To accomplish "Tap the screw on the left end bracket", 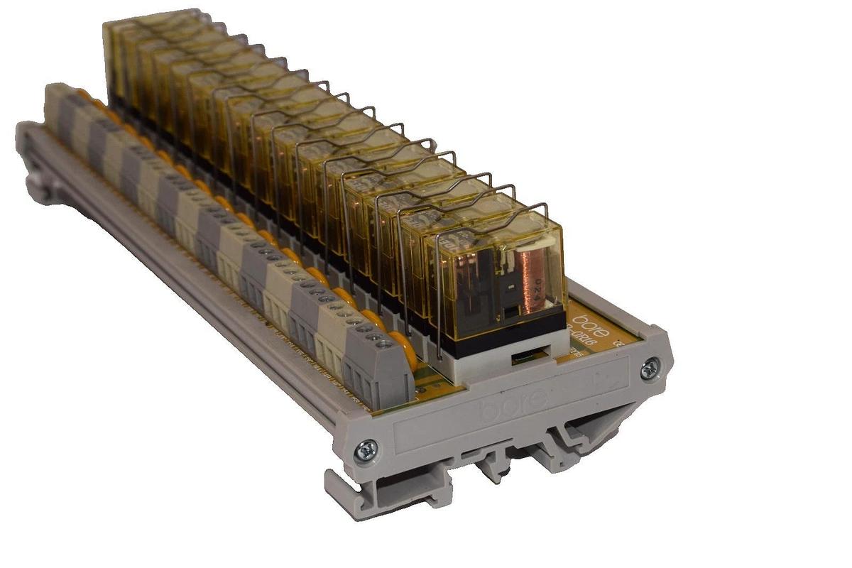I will (x=368, y=447).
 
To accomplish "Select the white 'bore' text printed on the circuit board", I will (x=590, y=312).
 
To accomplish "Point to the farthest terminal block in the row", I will (x=57, y=103).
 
